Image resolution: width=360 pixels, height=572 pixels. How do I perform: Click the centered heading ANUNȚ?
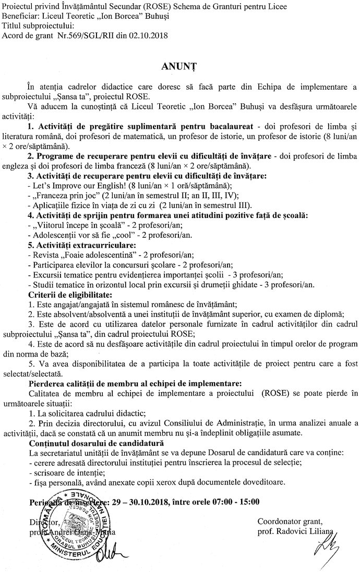(180, 66)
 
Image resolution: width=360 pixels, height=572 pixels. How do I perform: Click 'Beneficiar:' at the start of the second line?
(20, 16)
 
